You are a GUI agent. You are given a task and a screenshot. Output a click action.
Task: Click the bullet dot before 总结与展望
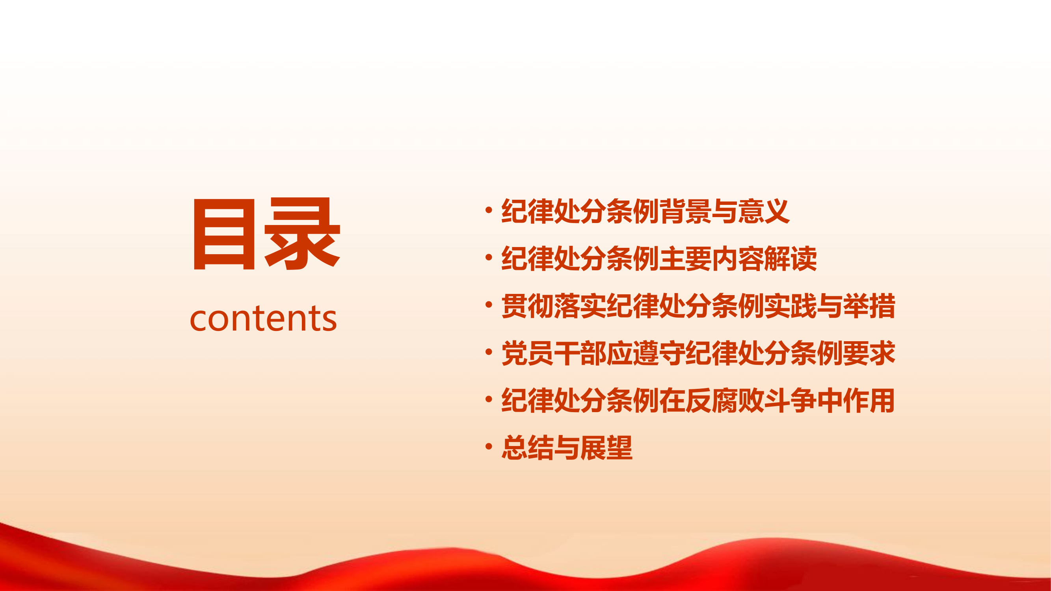click(x=488, y=447)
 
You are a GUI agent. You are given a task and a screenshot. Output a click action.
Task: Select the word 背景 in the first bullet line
click(x=685, y=211)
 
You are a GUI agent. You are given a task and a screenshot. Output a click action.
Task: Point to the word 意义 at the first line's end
click(x=763, y=211)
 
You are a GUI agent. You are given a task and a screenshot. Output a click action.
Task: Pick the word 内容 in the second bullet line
click(x=737, y=258)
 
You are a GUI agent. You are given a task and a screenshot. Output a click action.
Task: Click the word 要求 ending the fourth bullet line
click(x=869, y=353)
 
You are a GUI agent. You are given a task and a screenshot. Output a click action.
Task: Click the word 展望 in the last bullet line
click(x=606, y=448)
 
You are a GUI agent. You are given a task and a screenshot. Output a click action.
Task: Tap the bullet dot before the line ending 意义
click(x=488, y=210)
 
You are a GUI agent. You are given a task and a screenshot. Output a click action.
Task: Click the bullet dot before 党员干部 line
click(x=488, y=352)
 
